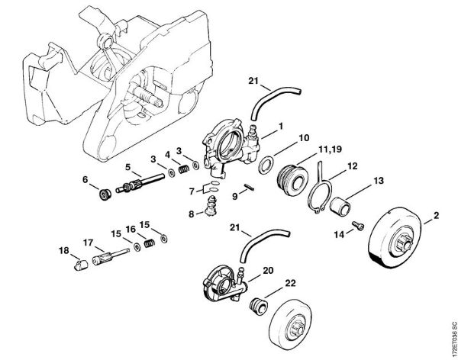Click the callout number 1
pos(280,125)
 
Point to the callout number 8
pos(191,214)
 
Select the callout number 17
pos(89,243)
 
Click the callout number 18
pos(63,250)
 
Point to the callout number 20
pos(268,269)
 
